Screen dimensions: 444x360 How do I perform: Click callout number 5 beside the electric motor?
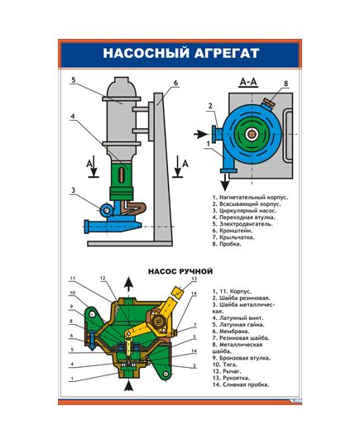click(73, 80)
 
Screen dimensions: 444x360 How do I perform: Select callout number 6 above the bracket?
click(176, 83)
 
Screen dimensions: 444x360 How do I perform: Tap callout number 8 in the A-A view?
click(286, 84)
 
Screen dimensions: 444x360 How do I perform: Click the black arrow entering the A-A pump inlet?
click(201, 132)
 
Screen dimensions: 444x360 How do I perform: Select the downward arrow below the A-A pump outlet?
click(223, 181)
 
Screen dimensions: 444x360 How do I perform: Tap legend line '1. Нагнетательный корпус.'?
click(252, 198)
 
